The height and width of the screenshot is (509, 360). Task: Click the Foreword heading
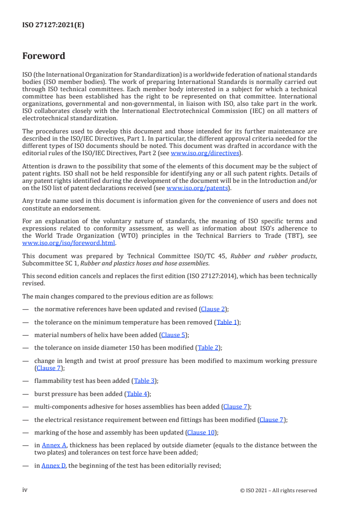[x=44, y=56]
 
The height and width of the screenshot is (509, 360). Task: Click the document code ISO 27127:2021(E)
[x=53, y=25]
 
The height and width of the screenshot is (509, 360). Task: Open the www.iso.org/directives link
[x=204, y=153]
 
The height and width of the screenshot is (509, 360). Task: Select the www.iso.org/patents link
[x=198, y=188]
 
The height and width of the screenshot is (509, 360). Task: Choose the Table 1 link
[x=227, y=322]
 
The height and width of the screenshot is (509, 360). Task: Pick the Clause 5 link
[x=174, y=335]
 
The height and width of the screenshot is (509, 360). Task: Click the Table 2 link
[x=208, y=348]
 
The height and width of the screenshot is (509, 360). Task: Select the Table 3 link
[x=144, y=381]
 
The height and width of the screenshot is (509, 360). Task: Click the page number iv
[x=25, y=490]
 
